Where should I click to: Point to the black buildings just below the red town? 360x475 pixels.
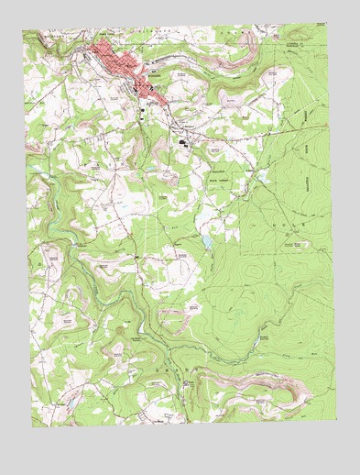pos(149,103)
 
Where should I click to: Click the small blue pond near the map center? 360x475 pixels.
pos(207,241)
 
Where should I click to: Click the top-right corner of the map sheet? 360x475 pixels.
pos(326,24)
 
